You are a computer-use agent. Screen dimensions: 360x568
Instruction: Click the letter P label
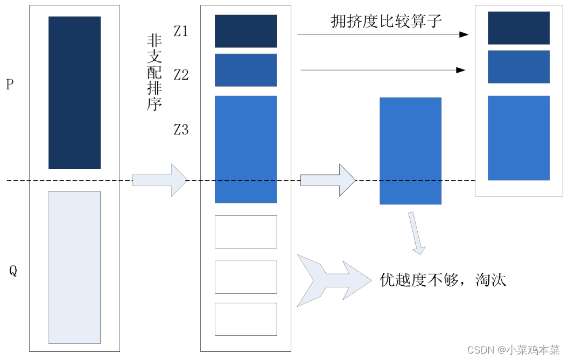[x=9, y=84]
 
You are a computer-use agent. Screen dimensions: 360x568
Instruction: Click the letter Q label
[x=13, y=271]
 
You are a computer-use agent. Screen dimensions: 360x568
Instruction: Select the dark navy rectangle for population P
[x=74, y=93]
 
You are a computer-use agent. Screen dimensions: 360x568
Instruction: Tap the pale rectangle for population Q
[x=74, y=267]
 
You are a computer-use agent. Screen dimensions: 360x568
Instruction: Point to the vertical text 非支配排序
[x=155, y=73]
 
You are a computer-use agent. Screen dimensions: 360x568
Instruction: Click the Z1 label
[x=181, y=32]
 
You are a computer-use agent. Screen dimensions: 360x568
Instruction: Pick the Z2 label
[x=181, y=75]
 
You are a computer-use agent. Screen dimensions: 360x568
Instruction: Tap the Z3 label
[x=181, y=130]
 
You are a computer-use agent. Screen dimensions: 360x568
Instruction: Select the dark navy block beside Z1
[x=246, y=31]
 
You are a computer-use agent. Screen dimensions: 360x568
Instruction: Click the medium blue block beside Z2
[x=246, y=70]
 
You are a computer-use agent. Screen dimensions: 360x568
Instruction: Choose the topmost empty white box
[x=246, y=232]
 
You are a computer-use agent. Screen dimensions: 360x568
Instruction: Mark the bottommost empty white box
[x=246, y=319]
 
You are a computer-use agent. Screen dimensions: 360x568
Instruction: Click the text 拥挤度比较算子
[x=386, y=22]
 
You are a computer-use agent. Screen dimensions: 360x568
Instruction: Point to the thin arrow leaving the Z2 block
[x=382, y=70]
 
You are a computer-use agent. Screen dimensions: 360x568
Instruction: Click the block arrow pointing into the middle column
[x=159, y=180]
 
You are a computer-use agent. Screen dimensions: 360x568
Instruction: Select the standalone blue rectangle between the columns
[x=410, y=151]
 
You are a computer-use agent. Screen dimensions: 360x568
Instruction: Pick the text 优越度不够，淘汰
[x=443, y=280]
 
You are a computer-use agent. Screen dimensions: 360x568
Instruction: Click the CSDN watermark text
[x=513, y=350]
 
